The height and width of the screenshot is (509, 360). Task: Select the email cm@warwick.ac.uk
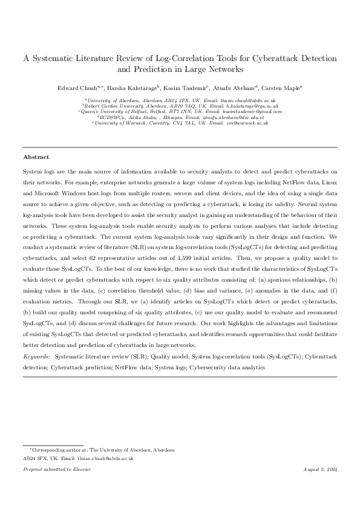pyautogui.click(x=247, y=123)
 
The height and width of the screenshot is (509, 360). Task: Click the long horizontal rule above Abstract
pyautogui.click(x=180, y=147)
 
